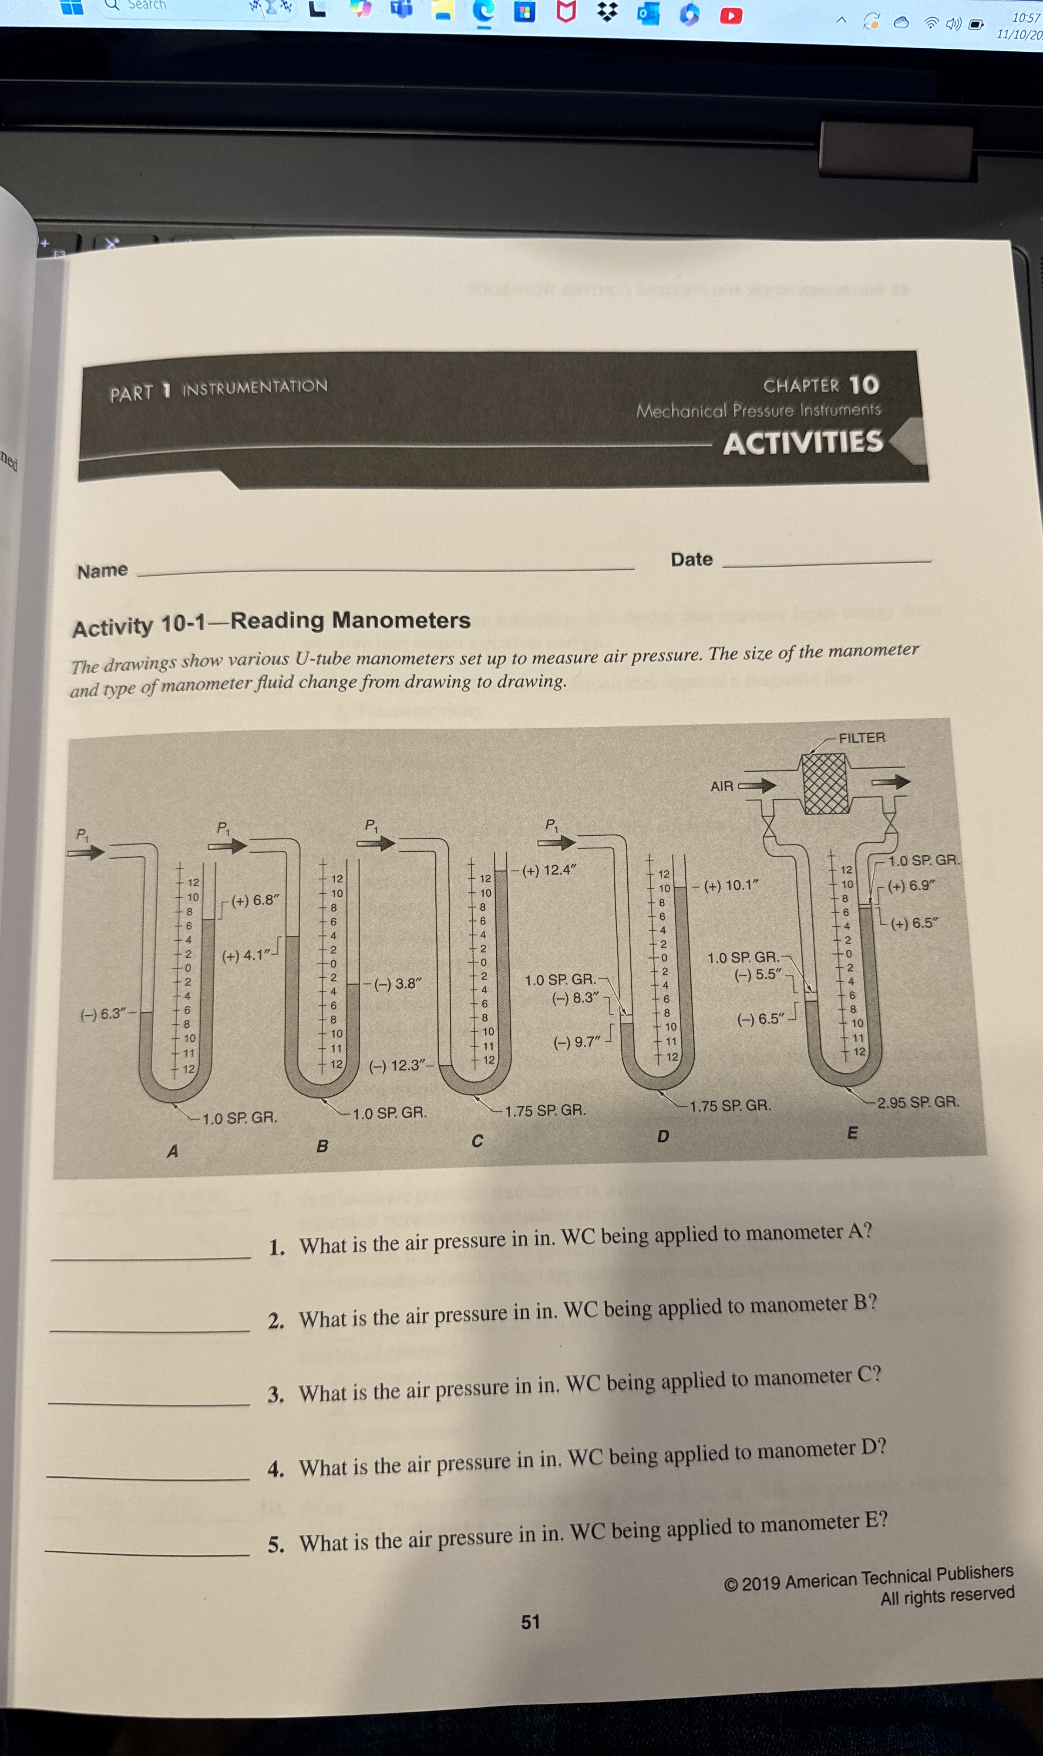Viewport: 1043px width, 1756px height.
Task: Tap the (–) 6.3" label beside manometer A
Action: [103, 1014]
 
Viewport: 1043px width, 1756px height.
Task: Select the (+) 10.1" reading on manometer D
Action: [731, 885]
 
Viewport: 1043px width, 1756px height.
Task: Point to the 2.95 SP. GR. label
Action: [917, 1101]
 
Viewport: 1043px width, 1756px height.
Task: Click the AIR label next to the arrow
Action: [722, 787]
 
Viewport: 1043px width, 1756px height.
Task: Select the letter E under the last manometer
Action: [852, 1132]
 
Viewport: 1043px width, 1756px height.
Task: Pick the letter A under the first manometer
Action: [173, 1151]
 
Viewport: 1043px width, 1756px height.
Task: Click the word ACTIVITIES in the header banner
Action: [803, 443]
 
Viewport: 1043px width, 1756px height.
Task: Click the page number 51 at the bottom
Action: [531, 1622]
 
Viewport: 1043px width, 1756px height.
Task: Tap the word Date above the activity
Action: [692, 560]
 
